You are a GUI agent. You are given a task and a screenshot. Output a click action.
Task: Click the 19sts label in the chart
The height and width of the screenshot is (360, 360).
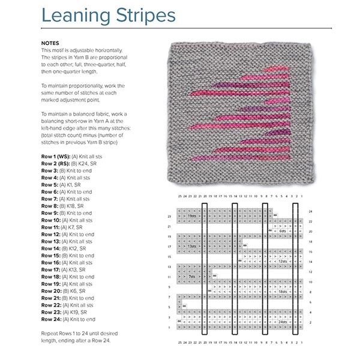pos(192,215)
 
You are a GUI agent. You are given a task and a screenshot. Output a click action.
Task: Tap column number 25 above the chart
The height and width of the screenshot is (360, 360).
pos(180,196)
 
